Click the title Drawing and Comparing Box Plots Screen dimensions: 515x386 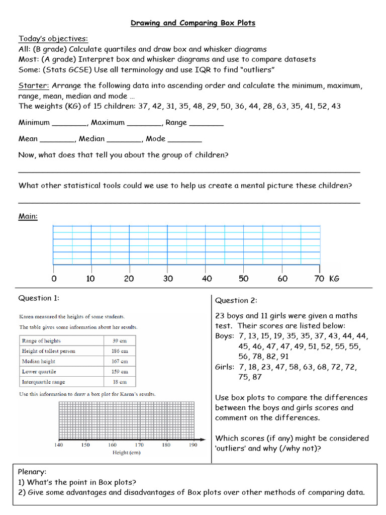pyautogui.click(x=193, y=23)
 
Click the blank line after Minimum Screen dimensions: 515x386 pyautogui.click(x=69, y=124)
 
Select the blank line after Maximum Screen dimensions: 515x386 pyautogui.click(x=144, y=124)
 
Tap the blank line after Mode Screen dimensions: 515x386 pyautogui.click(x=184, y=140)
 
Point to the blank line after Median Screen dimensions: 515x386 pyautogui.click(x=124, y=140)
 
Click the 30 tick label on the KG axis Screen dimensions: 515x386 pyautogui.click(x=168, y=279)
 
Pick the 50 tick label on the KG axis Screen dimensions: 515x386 pyautogui.click(x=243, y=279)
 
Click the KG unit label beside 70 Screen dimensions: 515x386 pyautogui.click(x=334, y=279)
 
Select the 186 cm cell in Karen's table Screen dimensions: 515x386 pyautogui.click(x=120, y=351)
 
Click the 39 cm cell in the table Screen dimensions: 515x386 pyautogui.click(x=120, y=340)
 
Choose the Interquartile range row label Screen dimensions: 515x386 pyautogui.click(x=44, y=382)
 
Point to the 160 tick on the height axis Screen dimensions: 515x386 pyautogui.click(x=112, y=445)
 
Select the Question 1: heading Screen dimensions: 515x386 pyautogui.click(x=39, y=298)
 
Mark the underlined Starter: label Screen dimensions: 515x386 pyautogui.click(x=34, y=85)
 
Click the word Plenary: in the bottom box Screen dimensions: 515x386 pyautogui.click(x=32, y=472)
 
